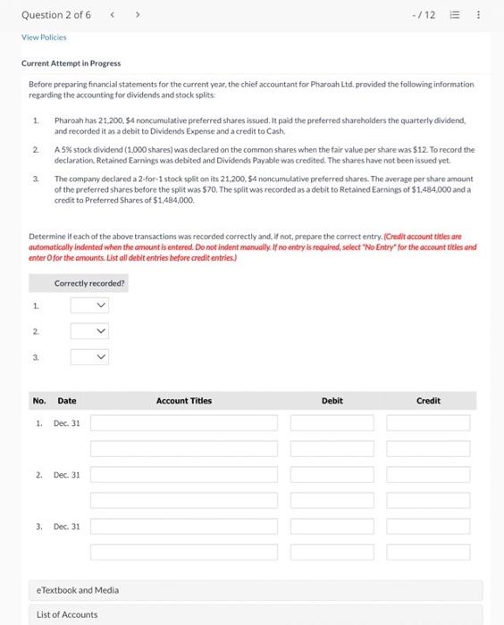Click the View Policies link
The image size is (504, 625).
(x=44, y=37)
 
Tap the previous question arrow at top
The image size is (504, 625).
(x=110, y=15)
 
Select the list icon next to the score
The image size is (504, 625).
(x=455, y=15)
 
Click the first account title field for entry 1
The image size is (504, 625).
(x=183, y=422)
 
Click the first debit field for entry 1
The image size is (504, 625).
(x=332, y=422)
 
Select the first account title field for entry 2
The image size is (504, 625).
(x=183, y=474)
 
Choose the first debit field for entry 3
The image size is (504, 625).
(x=332, y=526)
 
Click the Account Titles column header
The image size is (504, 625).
(x=183, y=401)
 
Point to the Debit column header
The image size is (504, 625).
(x=332, y=401)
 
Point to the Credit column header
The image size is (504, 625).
(x=428, y=401)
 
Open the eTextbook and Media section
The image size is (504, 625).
(x=77, y=590)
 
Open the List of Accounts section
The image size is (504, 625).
(x=67, y=614)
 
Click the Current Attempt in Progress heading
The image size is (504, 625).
(x=71, y=63)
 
